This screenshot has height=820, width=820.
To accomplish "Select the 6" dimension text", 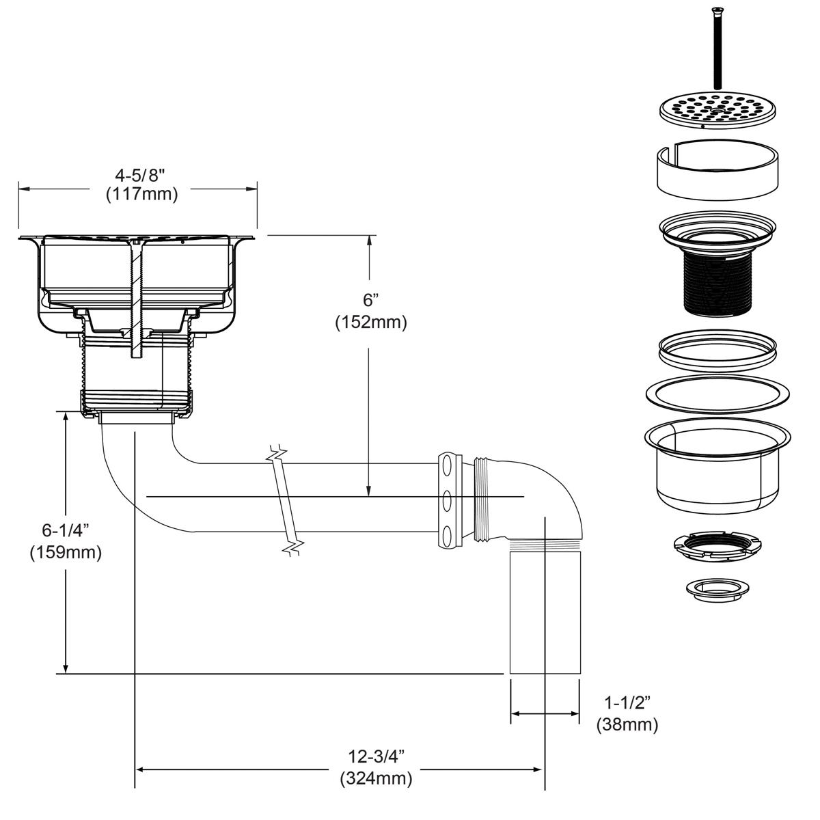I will click(x=370, y=300).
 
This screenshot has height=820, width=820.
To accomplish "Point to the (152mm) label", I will click(x=370, y=322).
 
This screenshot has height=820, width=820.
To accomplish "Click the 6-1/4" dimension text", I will click(x=66, y=530).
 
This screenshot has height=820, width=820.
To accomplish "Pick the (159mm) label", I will click(x=66, y=551).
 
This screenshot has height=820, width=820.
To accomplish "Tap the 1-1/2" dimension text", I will click(x=627, y=702).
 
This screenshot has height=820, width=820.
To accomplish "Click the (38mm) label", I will click(x=627, y=724).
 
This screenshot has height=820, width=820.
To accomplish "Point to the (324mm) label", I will click(x=376, y=778).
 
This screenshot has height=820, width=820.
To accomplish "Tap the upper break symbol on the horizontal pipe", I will click(x=277, y=454).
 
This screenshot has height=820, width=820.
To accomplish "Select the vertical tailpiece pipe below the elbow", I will click(x=545, y=612).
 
